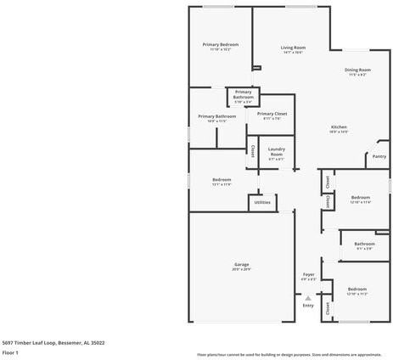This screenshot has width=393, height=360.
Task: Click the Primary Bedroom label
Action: [x=220, y=44]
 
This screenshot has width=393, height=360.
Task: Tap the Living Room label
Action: [x=294, y=48]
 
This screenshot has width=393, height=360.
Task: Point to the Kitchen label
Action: [x=339, y=127]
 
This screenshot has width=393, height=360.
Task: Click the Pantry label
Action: [x=379, y=156]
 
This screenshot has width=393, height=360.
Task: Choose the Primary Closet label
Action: [x=272, y=114]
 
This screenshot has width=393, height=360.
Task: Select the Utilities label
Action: [x=262, y=203]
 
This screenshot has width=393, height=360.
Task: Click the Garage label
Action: [x=242, y=264]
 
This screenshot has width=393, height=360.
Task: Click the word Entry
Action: [x=308, y=306]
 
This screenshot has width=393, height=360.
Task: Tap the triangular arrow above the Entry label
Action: [x=308, y=297]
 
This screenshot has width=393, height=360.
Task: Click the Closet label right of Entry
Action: [x=328, y=308]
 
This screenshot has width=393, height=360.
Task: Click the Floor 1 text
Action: [x=11, y=352]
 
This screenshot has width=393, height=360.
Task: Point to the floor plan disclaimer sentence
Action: [x=289, y=354]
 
